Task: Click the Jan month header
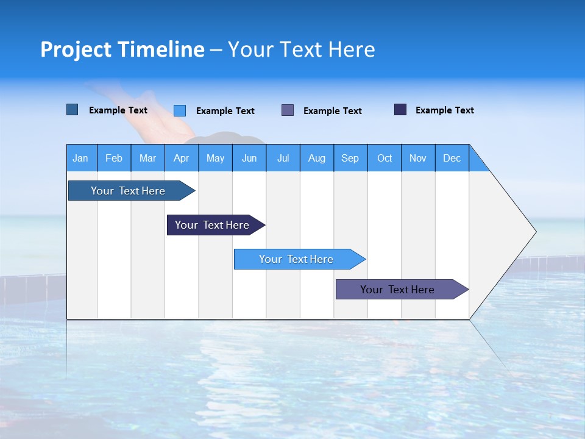tap(81, 158)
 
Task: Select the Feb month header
tap(114, 158)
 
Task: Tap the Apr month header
tap(182, 158)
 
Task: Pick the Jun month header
tap(249, 158)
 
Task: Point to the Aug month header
tap(317, 158)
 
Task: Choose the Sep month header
tap(350, 158)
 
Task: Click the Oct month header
tap(385, 158)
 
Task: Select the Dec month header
tap(452, 158)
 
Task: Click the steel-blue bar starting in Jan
tap(128, 191)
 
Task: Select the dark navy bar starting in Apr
tap(212, 225)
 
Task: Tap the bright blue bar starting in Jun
tap(296, 259)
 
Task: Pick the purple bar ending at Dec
tap(397, 290)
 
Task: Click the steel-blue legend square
tap(72, 110)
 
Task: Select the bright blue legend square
tap(180, 110)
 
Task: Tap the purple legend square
tap(288, 110)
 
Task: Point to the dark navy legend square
tap(400, 110)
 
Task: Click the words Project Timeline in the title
tap(122, 49)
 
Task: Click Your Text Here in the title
tap(301, 49)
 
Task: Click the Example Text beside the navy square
tap(444, 110)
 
